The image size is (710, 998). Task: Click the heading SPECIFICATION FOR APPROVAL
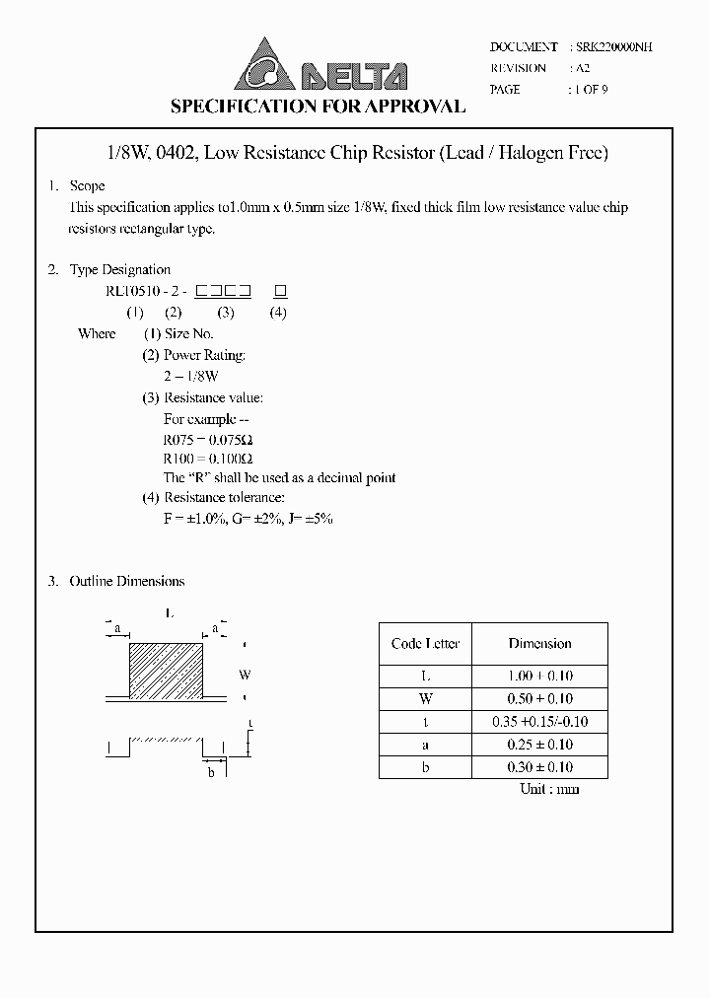[318, 107]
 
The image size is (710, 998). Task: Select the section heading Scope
[87, 186]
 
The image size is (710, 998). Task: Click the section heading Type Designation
[119, 269]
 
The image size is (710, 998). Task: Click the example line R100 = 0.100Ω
[208, 459]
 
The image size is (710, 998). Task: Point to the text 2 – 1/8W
[191, 377]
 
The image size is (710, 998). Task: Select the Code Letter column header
[425, 644]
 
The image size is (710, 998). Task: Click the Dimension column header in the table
[539, 644]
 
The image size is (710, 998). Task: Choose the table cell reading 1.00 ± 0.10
[539, 677]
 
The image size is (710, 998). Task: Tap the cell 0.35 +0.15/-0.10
[539, 722]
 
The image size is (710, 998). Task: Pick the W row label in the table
[425, 699]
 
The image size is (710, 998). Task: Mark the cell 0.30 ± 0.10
[539, 767]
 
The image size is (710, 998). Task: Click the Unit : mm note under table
[549, 789]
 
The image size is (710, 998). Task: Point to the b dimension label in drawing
[211, 772]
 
